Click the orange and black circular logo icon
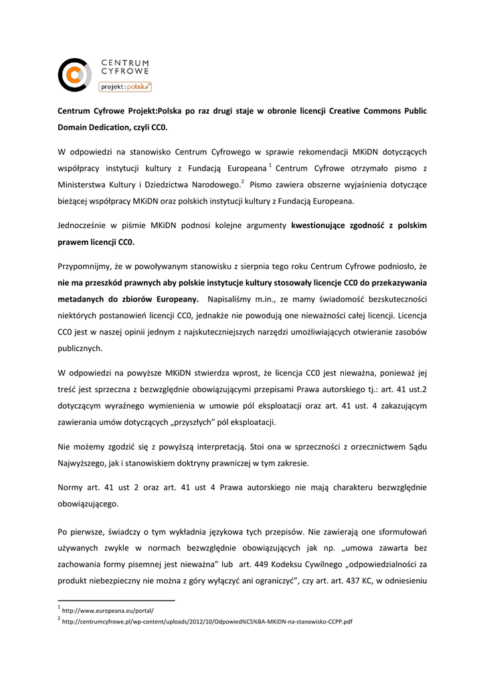point(74,74)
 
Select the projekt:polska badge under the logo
point(125,86)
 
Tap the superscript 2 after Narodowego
point(242,181)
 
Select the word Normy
point(72,488)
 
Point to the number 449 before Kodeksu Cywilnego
point(277,564)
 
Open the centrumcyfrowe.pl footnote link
point(207,621)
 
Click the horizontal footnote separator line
point(116,601)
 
